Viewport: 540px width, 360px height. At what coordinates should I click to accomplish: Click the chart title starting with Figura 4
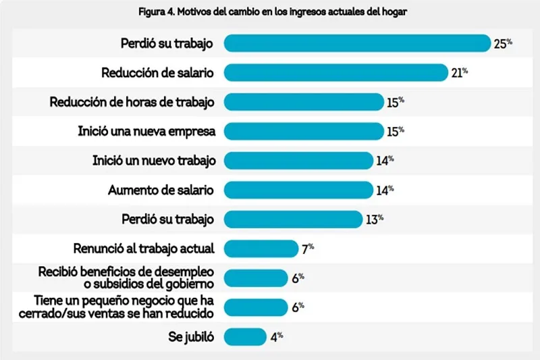point(270,12)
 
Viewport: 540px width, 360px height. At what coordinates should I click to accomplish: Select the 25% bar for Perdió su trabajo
point(356,43)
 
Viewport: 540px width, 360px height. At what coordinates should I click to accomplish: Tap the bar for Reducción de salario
point(335,72)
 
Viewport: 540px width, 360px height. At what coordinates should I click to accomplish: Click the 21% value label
point(460,72)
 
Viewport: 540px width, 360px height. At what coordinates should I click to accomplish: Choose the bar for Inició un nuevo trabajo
point(298,161)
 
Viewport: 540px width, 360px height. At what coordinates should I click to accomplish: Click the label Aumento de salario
point(161,190)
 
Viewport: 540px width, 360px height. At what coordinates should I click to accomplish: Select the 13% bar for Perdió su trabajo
point(293,219)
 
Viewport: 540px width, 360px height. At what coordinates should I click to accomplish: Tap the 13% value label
point(375,219)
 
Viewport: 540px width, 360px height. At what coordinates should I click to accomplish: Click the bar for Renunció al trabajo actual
point(261,249)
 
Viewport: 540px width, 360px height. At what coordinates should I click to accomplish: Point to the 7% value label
point(308,249)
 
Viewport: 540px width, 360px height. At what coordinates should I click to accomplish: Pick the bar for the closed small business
point(255,307)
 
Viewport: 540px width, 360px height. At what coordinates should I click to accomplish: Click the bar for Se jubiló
point(244,336)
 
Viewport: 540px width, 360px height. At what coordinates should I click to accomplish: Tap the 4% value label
point(276,336)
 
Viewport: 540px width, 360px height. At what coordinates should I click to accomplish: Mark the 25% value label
point(503,43)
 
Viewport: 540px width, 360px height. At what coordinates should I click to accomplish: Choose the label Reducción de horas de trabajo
point(132,102)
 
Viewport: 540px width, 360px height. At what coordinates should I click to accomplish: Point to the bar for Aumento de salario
point(298,190)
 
